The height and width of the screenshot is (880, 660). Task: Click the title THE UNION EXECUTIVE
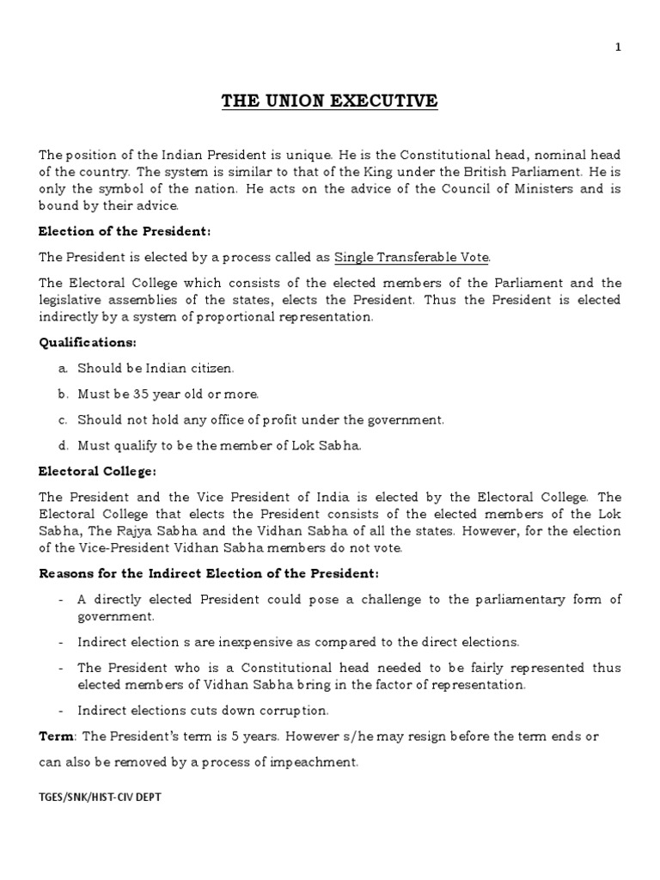pos(330,102)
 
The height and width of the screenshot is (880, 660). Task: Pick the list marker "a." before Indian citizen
pos(63,369)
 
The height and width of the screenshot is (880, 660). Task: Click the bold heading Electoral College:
pos(96,471)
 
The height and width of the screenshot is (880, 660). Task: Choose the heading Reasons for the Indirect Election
pos(208,573)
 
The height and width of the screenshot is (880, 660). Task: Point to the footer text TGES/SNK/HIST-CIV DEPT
pos(100,797)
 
